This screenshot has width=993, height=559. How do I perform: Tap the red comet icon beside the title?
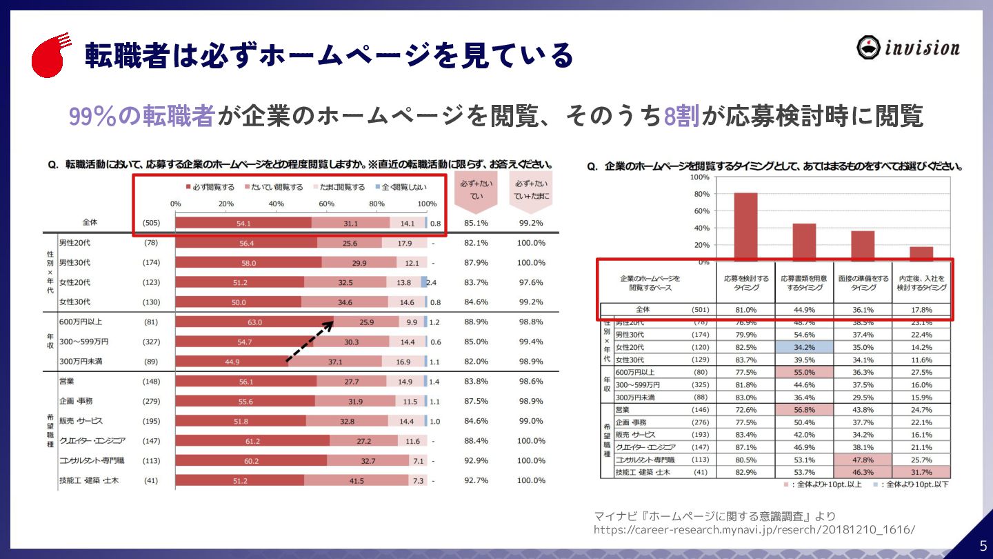(x=50, y=55)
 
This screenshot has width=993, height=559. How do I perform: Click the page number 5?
(x=983, y=545)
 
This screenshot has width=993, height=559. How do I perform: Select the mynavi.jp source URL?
(x=754, y=529)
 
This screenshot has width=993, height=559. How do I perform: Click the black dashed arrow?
(x=310, y=342)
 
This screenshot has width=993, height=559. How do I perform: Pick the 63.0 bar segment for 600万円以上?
(x=254, y=322)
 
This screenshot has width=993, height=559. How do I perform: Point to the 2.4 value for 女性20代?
(x=432, y=282)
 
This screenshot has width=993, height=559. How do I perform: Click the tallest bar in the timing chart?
(x=745, y=227)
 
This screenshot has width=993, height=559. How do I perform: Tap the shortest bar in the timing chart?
(x=921, y=253)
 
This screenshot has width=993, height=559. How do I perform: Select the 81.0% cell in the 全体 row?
(x=745, y=310)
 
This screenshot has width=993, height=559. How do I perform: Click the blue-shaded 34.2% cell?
(x=804, y=347)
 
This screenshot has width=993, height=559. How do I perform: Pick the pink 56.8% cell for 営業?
(x=804, y=409)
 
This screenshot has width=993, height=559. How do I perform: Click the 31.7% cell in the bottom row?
(x=921, y=472)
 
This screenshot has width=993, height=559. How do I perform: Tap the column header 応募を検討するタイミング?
(x=745, y=282)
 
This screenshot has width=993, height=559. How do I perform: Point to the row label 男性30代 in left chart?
(x=75, y=263)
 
